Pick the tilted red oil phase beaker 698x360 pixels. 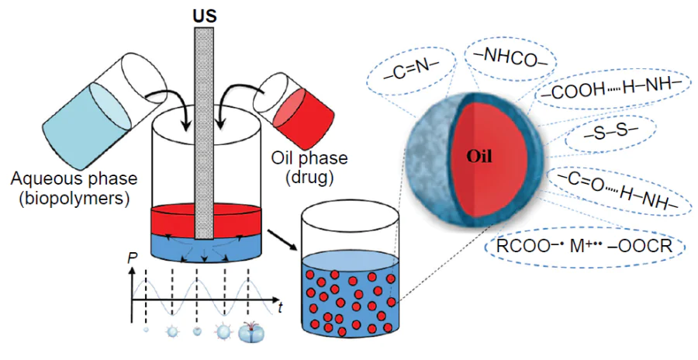point(298,105)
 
